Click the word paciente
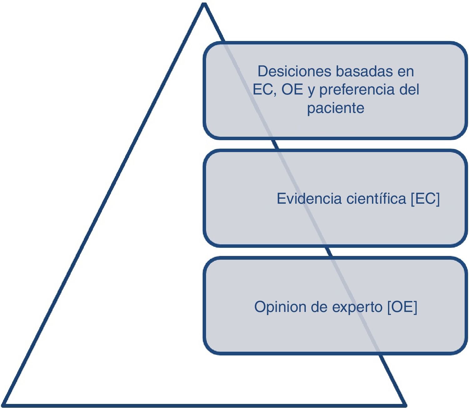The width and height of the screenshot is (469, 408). click(x=335, y=108)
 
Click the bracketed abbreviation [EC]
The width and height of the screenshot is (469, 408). click(x=425, y=199)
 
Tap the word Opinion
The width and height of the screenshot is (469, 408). click(x=280, y=307)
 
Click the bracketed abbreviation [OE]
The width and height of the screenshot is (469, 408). click(x=402, y=307)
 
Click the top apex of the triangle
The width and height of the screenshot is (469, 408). click(x=204, y=4)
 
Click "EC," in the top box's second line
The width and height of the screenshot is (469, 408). click(x=265, y=90)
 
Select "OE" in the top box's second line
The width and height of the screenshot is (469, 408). click(x=292, y=90)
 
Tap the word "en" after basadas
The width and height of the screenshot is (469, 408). click(x=406, y=72)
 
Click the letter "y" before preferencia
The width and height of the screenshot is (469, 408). click(x=311, y=91)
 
